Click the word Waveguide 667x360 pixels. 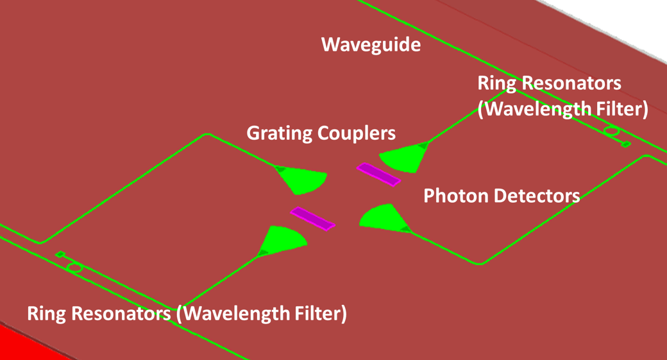coord(371,45)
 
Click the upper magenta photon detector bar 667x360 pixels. coord(378,174)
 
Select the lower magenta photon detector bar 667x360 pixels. coord(312,218)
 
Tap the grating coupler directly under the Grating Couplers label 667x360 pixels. coord(301,180)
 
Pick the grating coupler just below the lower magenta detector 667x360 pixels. coord(282,241)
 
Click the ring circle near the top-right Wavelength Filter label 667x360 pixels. coord(612,132)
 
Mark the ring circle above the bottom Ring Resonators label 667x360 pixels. coord(75,267)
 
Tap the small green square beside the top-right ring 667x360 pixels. coord(627,144)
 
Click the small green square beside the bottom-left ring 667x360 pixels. coord(60,255)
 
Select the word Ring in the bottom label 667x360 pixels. coord(46,314)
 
